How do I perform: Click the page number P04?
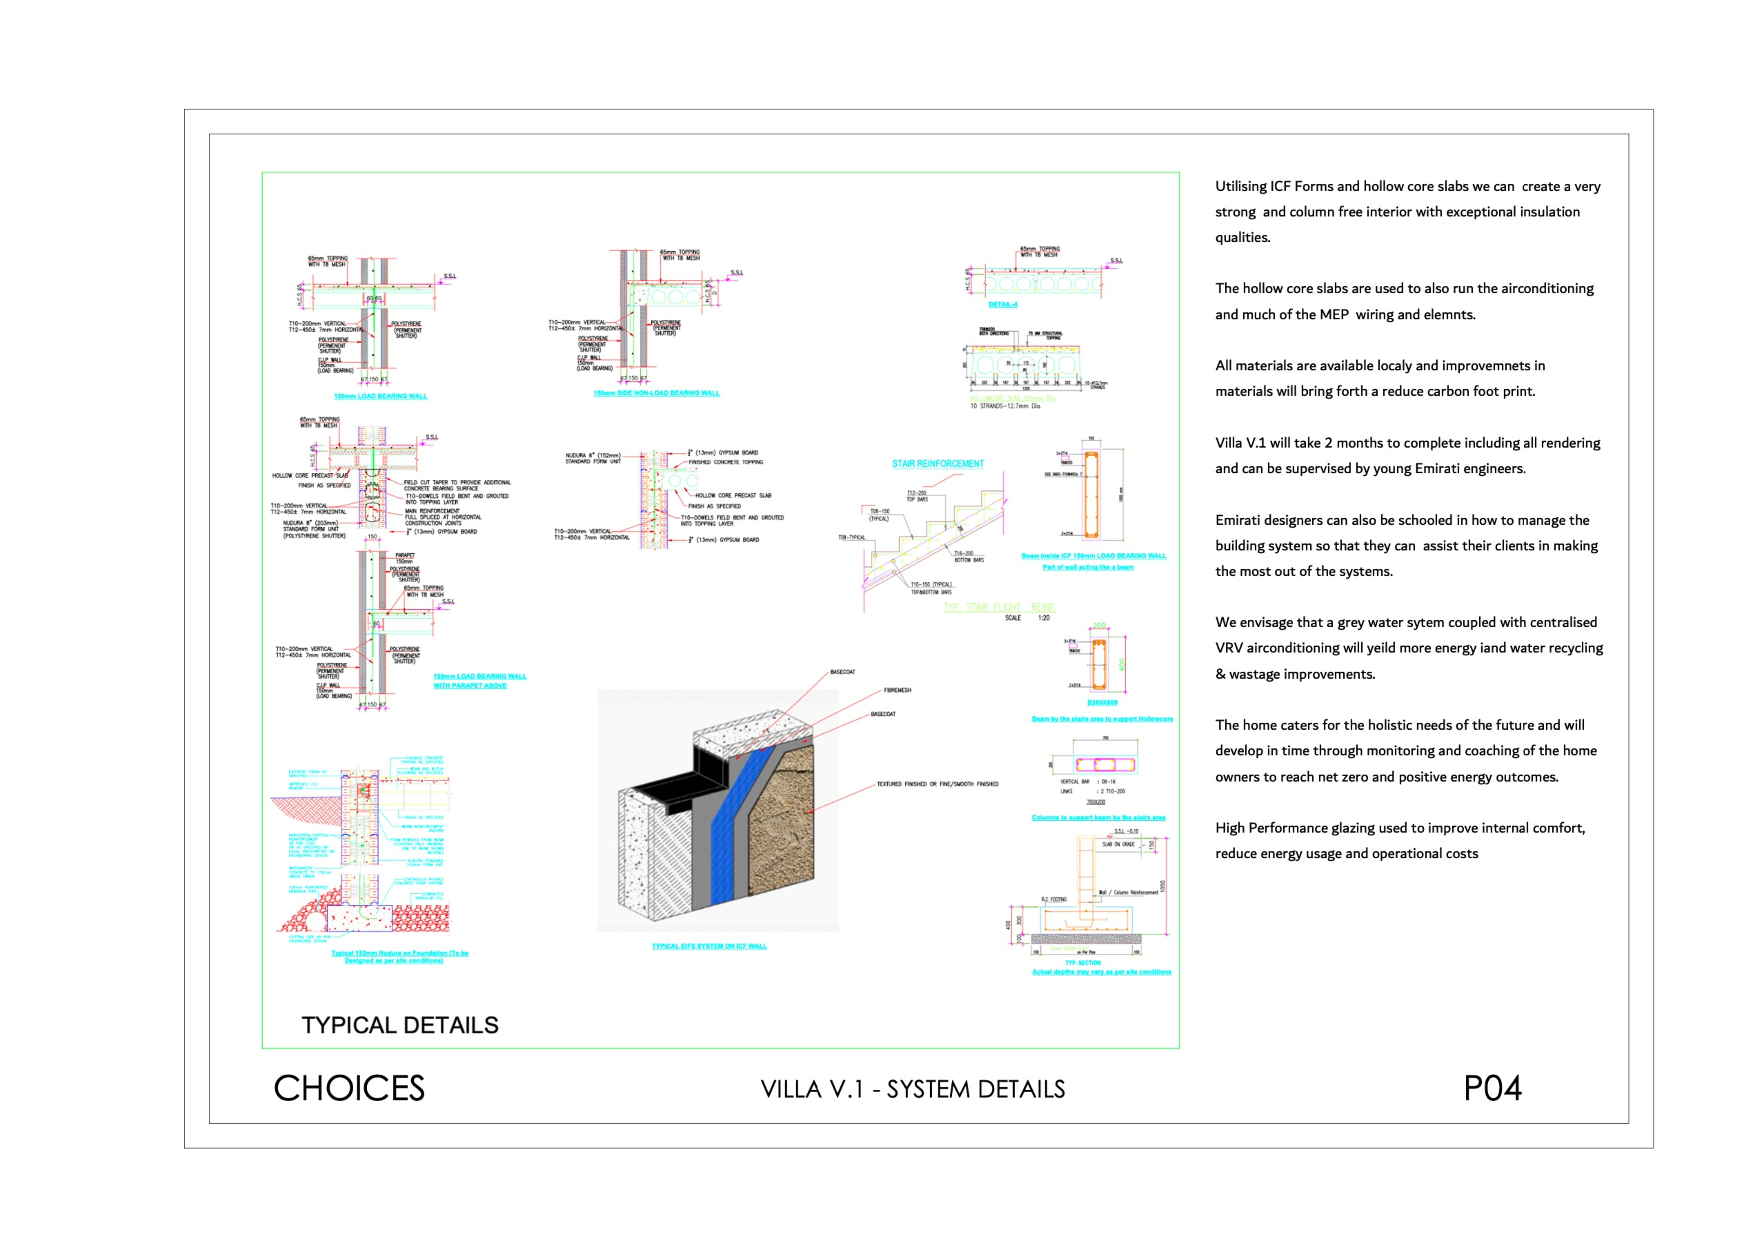[1492, 1088]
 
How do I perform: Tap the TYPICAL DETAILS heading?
[400, 1025]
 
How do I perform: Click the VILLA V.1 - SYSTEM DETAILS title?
[913, 1089]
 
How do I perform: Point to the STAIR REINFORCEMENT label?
[937, 464]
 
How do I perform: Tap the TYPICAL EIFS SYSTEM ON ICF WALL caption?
[709, 946]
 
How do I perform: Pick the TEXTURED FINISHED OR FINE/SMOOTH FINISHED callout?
[937, 784]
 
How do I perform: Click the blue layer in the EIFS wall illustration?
[733, 828]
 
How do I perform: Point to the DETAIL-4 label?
[1002, 305]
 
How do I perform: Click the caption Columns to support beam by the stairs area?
[1098, 818]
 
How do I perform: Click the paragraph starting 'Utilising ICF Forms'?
[1407, 212]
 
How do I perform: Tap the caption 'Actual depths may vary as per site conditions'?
[1101, 972]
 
